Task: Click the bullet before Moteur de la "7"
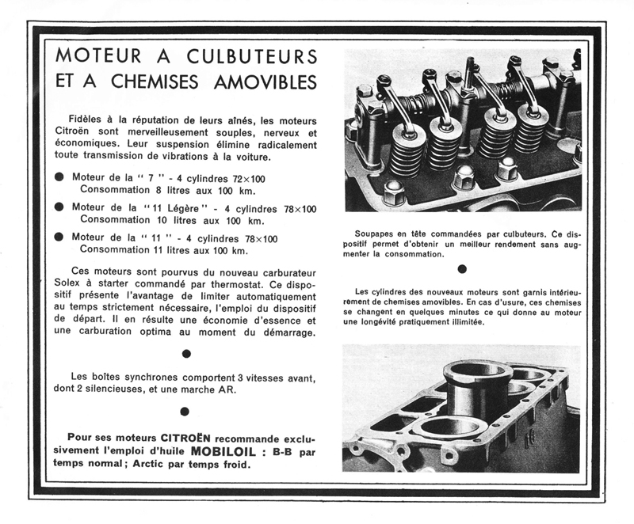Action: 59,178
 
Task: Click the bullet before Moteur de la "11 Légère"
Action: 59,208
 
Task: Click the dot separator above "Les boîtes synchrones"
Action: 185,353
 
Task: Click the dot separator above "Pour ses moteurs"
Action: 185,411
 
